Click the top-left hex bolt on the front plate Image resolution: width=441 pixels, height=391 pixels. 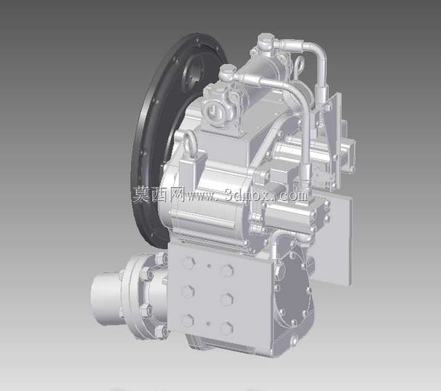188,263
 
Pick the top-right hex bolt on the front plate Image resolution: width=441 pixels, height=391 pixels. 227,270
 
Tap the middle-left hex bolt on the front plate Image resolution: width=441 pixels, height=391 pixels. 188,291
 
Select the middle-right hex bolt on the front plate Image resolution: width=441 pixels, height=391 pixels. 227,299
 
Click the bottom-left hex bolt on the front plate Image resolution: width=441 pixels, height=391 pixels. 188,321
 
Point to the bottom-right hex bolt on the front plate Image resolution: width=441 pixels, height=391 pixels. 226,328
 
